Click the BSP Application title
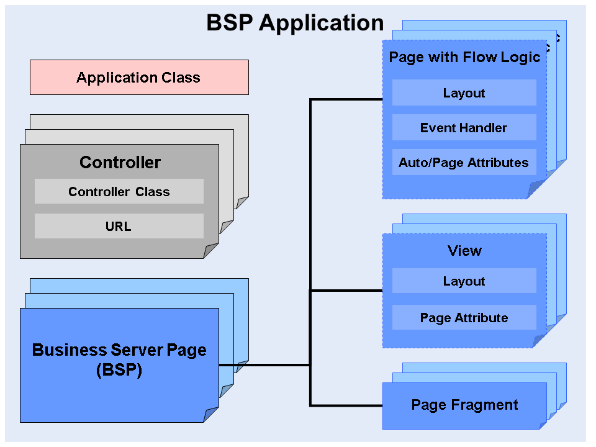(295, 23)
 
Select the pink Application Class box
(139, 78)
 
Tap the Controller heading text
(120, 163)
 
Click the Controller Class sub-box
(119, 192)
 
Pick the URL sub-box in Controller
(119, 227)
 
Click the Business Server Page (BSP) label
(119, 360)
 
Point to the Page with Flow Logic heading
(464, 58)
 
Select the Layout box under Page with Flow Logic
(464, 93)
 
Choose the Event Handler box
(464, 128)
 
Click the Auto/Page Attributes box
(464, 163)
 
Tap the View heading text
(464, 251)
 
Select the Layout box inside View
(464, 281)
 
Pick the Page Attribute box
(464, 318)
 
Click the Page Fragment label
(464, 405)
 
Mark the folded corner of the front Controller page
(212, 251)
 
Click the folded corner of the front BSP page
(212, 415)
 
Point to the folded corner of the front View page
(540, 341)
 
